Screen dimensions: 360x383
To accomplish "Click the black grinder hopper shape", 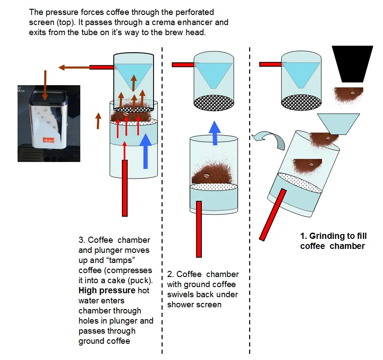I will [349, 64].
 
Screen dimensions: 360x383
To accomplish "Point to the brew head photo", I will [49, 123].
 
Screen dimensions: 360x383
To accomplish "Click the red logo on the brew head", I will [46, 140].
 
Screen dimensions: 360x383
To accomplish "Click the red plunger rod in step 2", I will [199, 228].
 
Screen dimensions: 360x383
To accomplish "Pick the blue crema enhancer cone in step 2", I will [214, 74].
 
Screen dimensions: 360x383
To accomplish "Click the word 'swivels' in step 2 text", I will [181, 295].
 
